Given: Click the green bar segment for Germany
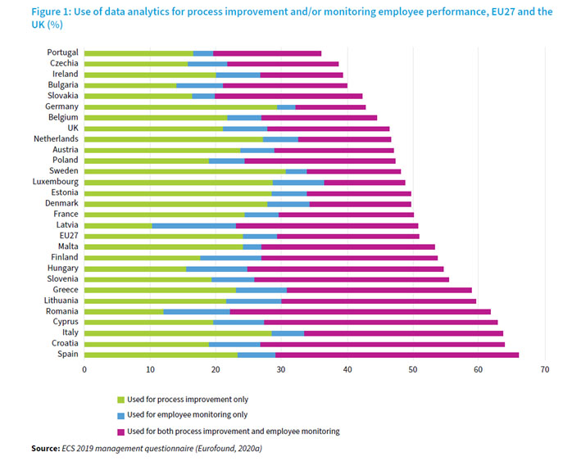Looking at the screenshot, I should [x=180, y=106].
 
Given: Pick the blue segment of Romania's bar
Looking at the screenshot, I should [x=197, y=311].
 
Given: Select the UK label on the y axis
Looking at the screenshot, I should [x=72, y=128].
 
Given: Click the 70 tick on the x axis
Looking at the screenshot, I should [x=543, y=370].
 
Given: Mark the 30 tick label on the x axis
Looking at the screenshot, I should [x=281, y=370].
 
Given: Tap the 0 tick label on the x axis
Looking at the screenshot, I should [x=84, y=370].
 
